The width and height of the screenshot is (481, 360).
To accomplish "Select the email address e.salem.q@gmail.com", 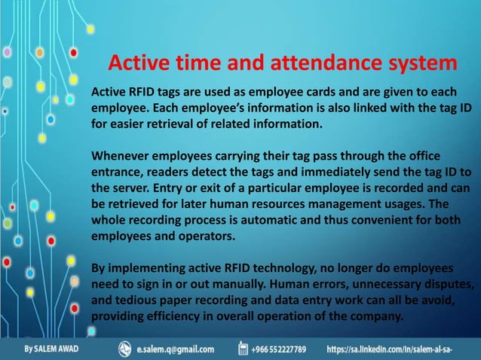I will (176, 349).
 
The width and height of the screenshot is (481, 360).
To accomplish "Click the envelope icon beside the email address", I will (125, 349).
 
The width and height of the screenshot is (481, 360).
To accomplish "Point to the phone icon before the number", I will (244, 349).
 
